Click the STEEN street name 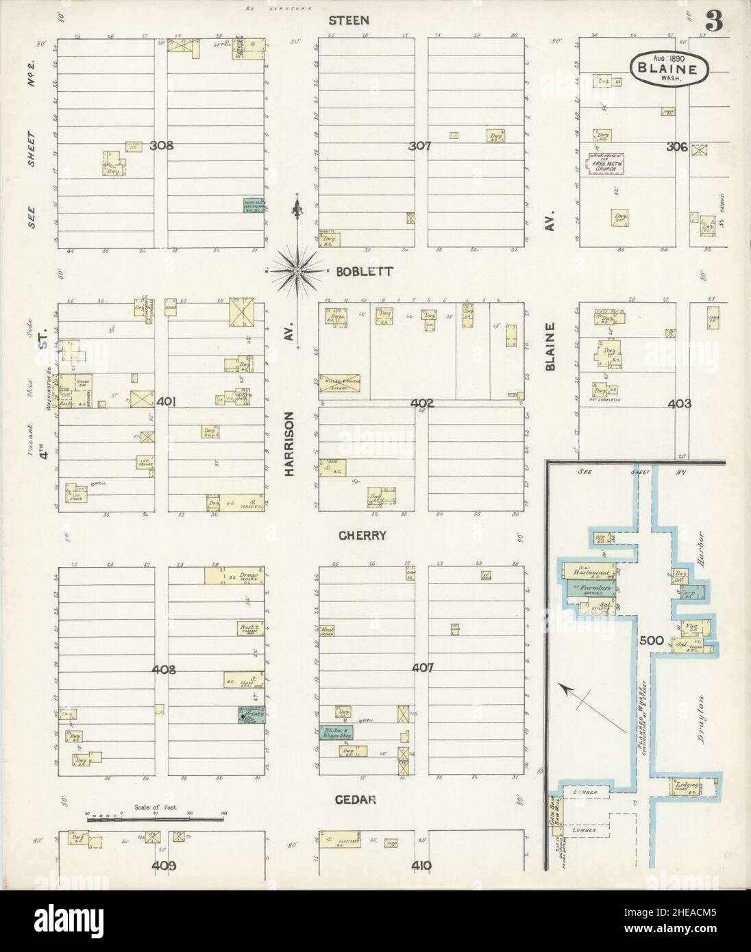(354, 21)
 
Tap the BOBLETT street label (364, 271)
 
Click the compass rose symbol (297, 272)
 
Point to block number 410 (421, 866)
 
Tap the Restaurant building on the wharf (587, 571)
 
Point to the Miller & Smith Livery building (341, 384)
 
